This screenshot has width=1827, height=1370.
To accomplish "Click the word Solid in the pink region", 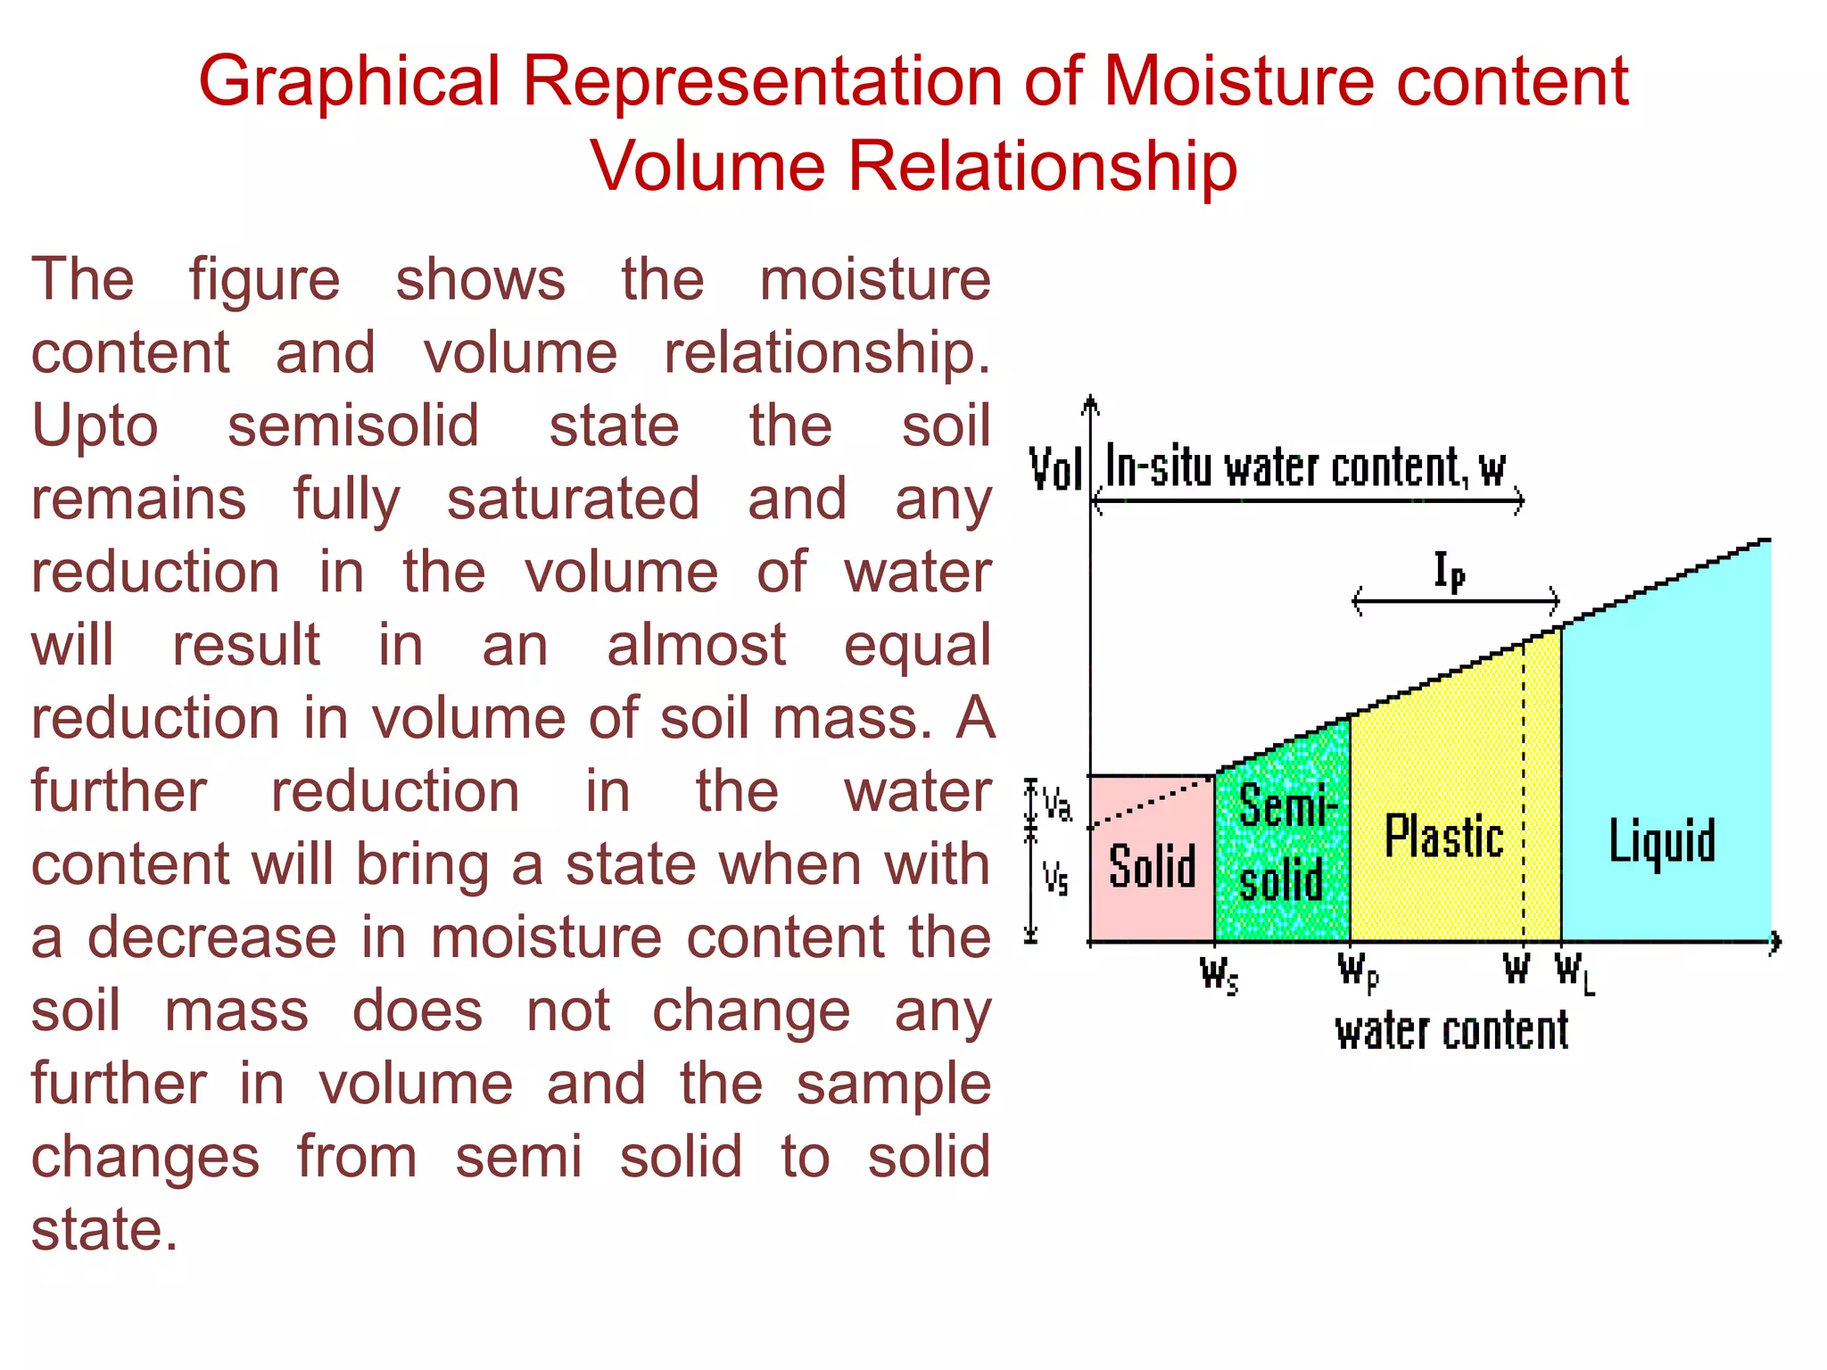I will (x=1152, y=866).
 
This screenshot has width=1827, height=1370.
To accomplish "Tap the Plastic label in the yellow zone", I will (x=1443, y=837).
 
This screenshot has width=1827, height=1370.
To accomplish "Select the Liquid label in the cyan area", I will (x=1662, y=840).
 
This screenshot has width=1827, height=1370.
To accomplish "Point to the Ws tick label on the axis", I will (x=1219, y=974).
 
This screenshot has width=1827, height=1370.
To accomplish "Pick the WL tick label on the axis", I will (x=1575, y=971).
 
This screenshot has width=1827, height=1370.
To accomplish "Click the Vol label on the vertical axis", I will (x=1055, y=469).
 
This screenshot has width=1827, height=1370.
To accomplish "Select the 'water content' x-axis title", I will (x=1451, y=1032).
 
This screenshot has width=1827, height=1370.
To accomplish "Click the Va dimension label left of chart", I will (x=1057, y=805).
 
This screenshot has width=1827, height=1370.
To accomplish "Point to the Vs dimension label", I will (x=1055, y=879).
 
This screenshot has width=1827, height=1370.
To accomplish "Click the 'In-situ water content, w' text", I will (x=1304, y=467).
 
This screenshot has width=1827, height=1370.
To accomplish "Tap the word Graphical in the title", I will (x=349, y=82).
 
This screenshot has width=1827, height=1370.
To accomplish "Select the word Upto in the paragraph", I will (x=95, y=425).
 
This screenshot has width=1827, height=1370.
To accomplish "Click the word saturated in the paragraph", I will (x=573, y=499).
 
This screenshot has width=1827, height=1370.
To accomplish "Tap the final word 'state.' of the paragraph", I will (x=104, y=1230).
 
